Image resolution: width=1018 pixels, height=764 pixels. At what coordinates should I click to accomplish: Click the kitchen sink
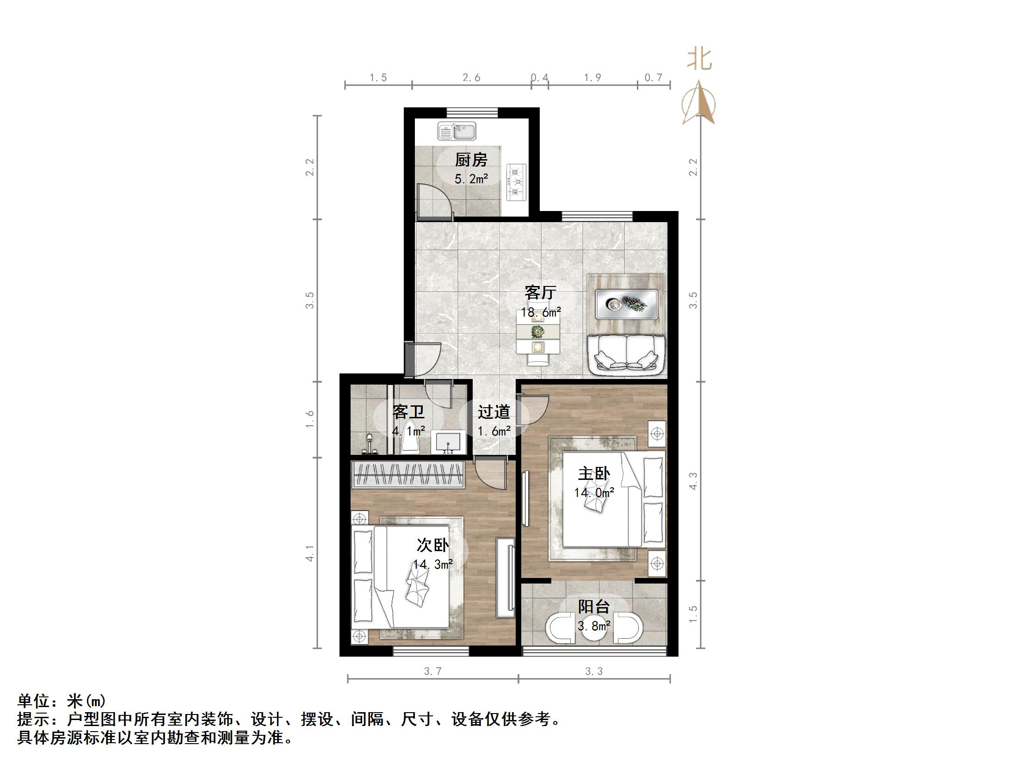click(x=457, y=131)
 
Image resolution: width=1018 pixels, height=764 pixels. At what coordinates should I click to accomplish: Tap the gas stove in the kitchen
click(x=517, y=182)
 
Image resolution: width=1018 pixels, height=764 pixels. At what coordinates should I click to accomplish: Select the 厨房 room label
click(x=471, y=160)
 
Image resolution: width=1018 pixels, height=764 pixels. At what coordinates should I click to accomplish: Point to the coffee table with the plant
click(x=627, y=304)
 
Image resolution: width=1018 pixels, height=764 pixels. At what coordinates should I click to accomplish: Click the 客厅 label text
click(x=540, y=292)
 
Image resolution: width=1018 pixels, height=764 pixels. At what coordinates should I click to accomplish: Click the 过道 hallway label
click(x=494, y=412)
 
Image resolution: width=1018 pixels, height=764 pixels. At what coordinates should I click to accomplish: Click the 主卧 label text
click(x=594, y=473)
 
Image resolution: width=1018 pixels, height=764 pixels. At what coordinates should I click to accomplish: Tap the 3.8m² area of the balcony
click(x=594, y=626)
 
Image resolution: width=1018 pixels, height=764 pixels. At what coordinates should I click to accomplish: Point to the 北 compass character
click(x=699, y=60)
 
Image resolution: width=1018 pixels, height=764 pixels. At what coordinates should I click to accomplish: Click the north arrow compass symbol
click(x=699, y=103)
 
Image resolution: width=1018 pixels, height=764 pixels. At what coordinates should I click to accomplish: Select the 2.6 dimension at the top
click(x=471, y=78)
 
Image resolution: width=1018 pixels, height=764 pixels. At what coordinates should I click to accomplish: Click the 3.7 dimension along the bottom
click(x=432, y=671)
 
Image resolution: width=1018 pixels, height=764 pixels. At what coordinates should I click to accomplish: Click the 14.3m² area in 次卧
click(x=432, y=565)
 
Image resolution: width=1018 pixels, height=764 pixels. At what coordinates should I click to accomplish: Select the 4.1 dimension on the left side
click(x=310, y=553)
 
